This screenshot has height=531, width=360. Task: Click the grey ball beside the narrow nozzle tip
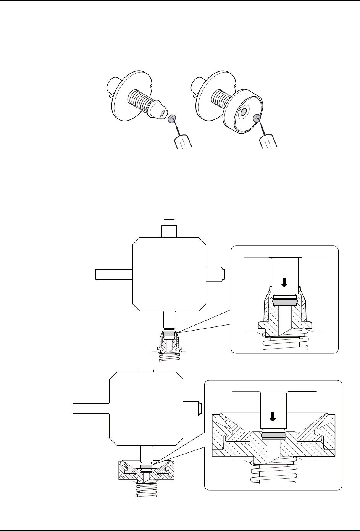pyautogui.click(x=171, y=118)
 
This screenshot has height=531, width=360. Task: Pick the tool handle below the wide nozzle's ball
pyautogui.click(x=269, y=140)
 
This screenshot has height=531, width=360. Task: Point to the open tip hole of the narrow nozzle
pyautogui.click(x=163, y=113)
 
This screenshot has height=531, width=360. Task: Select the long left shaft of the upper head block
pyautogui.click(x=113, y=274)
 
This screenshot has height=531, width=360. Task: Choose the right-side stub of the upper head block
pyautogui.click(x=216, y=274)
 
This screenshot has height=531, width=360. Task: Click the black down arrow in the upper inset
pyautogui.click(x=284, y=282)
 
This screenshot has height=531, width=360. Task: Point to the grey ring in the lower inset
pyautogui.click(x=273, y=435)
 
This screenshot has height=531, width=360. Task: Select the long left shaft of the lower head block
pyautogui.click(x=91, y=408)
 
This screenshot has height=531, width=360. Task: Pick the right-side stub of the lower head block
pyautogui.click(x=192, y=407)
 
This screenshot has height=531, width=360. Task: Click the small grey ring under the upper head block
pyautogui.click(x=169, y=334)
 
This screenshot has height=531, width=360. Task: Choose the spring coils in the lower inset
pyautogui.click(x=273, y=475)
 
